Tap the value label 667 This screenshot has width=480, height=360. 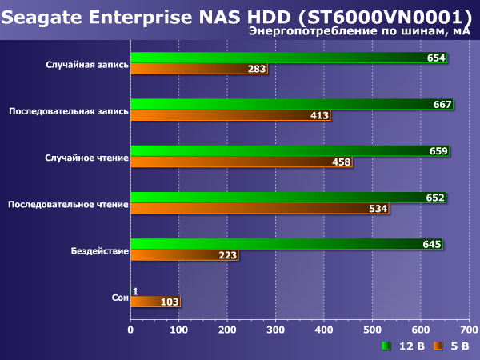[442, 104]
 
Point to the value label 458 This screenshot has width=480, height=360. [341, 162]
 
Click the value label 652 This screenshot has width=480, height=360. [434, 197]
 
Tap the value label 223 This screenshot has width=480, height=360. [227, 255]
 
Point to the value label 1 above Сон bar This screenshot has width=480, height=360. [135, 290]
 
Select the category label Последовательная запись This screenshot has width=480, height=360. [68, 111]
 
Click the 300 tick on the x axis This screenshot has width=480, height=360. [275, 329]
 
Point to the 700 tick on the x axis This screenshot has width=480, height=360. [469, 329]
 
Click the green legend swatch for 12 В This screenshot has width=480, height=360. [386, 346]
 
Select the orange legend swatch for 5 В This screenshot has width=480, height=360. [438, 346]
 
